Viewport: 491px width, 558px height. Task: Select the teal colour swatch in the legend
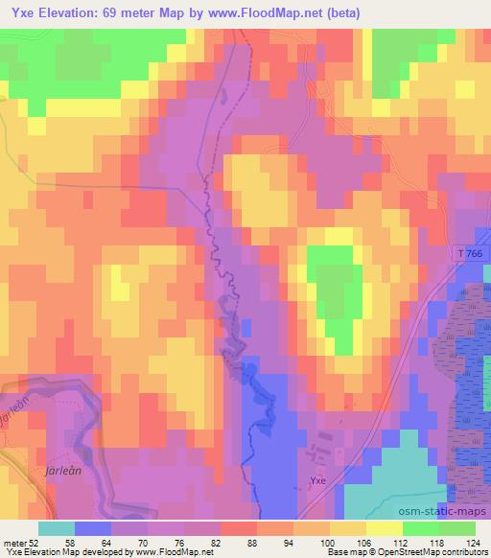pyautogui.click(x=57, y=528)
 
